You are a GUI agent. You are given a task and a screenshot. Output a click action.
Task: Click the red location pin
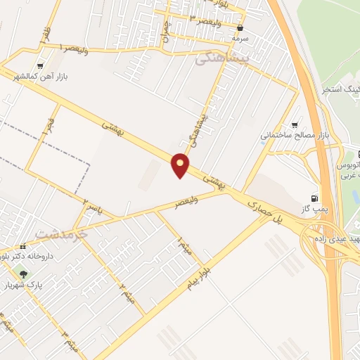click(x=181, y=165)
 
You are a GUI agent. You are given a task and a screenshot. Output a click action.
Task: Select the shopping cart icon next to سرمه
click(x=241, y=28)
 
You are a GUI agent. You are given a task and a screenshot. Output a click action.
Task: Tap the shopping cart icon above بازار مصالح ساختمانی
click(x=294, y=124)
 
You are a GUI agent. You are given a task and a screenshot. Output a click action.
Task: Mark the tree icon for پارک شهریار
click(x=25, y=274)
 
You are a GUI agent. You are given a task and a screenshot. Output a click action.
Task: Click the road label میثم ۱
click(x=184, y=247)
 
